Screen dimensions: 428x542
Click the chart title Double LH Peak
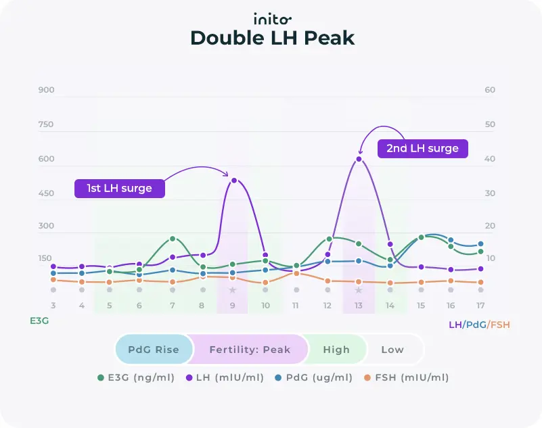271,39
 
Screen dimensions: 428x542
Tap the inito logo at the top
271,18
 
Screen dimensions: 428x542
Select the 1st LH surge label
120,187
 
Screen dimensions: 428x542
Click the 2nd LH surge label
422,148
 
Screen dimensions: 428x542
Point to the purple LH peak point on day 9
234,181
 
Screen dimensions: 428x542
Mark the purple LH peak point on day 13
359,160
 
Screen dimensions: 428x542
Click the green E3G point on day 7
173,239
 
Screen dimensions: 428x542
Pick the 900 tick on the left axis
46,90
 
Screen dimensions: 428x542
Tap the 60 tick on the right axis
490,90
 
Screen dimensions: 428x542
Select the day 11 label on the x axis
296,306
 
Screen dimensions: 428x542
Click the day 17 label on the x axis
480,306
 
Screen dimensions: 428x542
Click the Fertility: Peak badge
249,350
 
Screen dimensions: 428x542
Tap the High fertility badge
336,350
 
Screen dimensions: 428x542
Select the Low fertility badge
392,350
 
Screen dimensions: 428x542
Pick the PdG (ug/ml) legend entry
315,377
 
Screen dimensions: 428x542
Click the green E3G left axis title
39,321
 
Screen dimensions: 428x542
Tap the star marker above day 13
359,290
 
